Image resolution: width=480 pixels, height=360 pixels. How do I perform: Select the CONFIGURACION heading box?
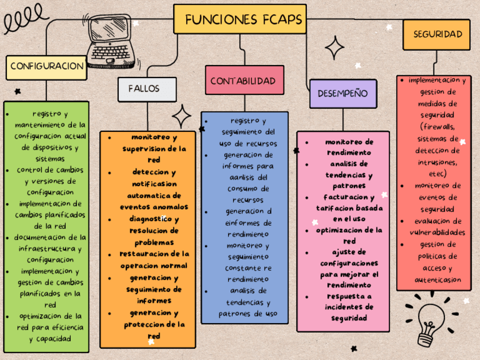[47, 66]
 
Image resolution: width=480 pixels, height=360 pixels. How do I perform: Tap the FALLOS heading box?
[144, 88]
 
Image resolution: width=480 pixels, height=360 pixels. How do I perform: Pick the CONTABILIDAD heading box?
[243, 81]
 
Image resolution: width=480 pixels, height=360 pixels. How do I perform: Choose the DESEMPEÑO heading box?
[342, 93]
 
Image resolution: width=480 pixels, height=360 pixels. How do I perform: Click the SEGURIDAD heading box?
[438, 34]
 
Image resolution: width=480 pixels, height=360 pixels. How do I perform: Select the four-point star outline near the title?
[335, 48]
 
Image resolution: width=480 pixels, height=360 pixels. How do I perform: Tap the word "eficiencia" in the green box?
[63, 328]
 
